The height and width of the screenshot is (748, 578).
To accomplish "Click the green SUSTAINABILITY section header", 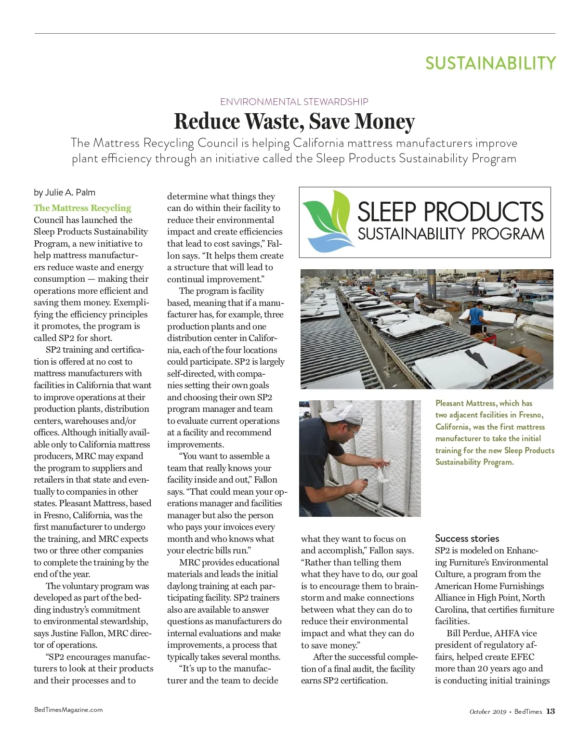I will tap(490, 63).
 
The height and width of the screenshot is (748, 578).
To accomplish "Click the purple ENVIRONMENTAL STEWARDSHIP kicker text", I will tap(294, 102).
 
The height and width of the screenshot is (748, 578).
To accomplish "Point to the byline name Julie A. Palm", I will tap(70, 193).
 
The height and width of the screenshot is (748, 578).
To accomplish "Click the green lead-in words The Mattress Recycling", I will tap(82, 208).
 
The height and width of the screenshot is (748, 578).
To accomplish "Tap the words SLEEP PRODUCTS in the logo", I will tap(450, 212).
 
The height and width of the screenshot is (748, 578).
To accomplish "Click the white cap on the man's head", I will tap(341, 411).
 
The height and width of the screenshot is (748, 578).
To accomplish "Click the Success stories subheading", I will tap(467, 538).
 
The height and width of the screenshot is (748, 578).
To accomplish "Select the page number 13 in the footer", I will tap(551, 711).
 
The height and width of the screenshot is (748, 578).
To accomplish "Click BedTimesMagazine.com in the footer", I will tap(68, 709).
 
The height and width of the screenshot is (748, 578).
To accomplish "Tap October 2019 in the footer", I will tap(487, 712).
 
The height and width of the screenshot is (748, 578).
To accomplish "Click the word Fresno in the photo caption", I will tap(530, 415).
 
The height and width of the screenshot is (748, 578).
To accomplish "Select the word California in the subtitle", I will tap(318, 143).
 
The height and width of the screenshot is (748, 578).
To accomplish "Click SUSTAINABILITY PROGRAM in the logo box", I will tap(450, 234).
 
